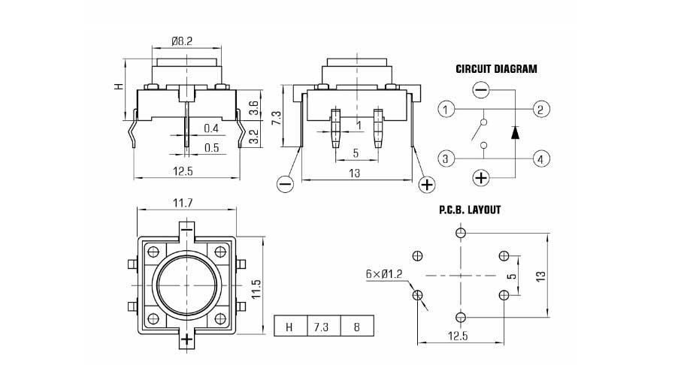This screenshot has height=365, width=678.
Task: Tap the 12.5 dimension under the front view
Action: pos(182,172)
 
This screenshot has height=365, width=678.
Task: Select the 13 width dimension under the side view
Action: pos(355,173)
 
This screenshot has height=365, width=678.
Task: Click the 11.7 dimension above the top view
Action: pos(184,203)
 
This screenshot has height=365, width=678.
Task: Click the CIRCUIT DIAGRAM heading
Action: pos(496,69)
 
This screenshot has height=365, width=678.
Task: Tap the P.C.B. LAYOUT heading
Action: pos(470,210)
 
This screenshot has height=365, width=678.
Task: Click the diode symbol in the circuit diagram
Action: pos(515,132)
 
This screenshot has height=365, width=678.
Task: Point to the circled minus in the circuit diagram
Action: pos(481,91)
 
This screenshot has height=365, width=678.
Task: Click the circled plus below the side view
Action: pos(426,184)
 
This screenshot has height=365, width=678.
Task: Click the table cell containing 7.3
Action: pos(322,326)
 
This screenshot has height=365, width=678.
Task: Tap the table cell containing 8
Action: pos(356,326)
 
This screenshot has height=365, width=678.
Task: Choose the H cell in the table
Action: pos(289,326)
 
